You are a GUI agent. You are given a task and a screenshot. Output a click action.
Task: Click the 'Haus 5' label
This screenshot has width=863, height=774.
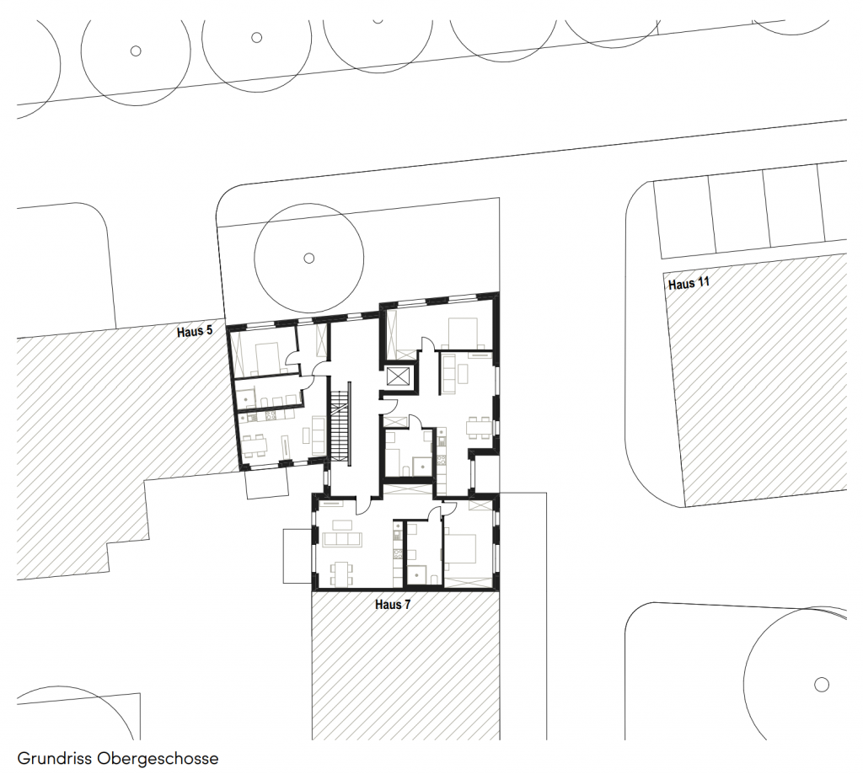coord(195,332)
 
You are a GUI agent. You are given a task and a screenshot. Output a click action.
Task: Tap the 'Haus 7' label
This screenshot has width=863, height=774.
coord(393,605)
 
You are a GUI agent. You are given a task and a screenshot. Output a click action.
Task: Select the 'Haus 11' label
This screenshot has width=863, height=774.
coord(689,284)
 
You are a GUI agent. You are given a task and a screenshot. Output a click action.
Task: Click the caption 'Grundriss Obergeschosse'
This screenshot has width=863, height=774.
coord(118,758)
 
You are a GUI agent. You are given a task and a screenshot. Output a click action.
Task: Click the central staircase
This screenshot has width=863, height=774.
coord(340,426)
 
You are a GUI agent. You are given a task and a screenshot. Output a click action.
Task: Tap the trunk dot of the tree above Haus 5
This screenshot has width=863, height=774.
coord(308,258)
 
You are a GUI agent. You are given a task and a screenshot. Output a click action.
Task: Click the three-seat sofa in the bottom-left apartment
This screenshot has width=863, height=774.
coord(342,539)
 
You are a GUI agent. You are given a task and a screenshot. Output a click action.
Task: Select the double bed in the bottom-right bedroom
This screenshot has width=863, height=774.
coord(460,547)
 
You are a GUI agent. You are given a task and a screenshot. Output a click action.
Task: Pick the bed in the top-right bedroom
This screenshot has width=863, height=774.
coord(465,334)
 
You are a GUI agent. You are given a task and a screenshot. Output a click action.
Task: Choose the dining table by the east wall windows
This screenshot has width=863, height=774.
coord(479,428)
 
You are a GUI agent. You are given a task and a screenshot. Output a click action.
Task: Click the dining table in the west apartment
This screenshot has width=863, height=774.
coord(255,444)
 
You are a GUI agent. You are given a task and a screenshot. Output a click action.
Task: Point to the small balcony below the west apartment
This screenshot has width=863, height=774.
coord(267,484)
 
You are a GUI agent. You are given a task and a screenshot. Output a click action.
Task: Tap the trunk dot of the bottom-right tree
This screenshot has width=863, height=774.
coord(821,685)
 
